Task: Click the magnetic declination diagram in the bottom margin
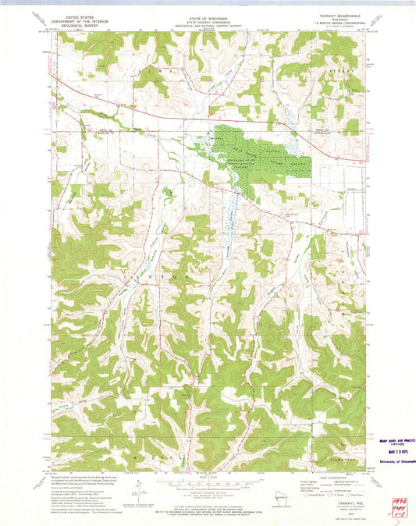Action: coord(139,492)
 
